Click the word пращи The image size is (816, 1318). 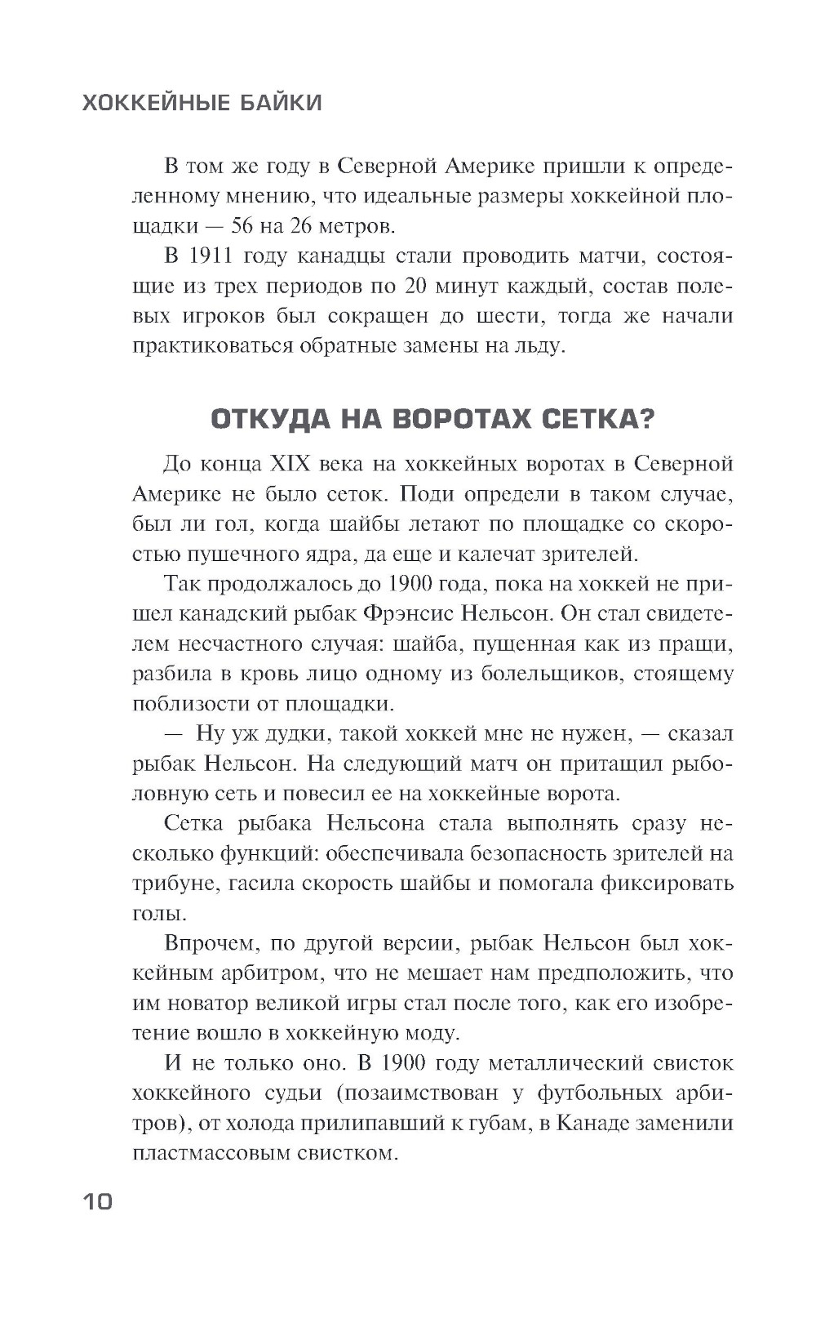click(700, 644)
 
